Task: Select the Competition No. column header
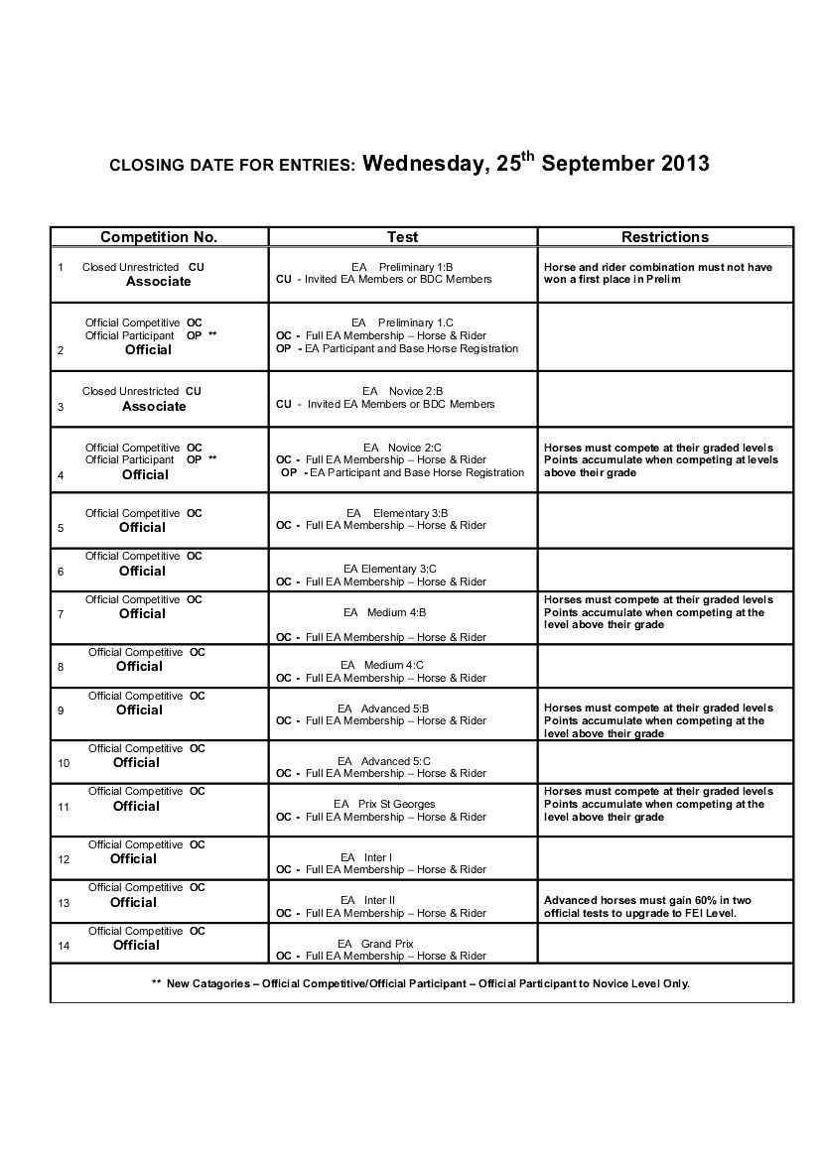click(159, 237)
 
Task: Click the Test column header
click(402, 237)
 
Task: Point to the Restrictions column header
click(665, 237)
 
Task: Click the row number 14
click(64, 946)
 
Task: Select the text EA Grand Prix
click(375, 944)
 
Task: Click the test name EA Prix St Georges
click(384, 804)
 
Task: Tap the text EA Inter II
click(367, 900)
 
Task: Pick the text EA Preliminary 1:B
click(402, 267)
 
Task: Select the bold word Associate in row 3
click(154, 406)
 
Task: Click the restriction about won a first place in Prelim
click(658, 273)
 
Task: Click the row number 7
click(62, 614)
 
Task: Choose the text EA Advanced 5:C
click(384, 761)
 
